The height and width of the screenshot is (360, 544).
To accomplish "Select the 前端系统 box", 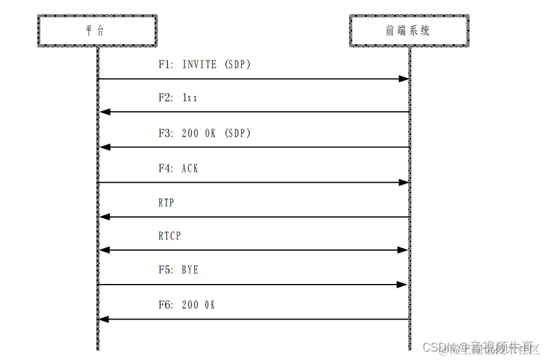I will point(408,30).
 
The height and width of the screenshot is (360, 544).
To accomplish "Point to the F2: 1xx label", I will point(177,98).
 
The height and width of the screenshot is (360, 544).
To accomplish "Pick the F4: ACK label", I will point(178,168).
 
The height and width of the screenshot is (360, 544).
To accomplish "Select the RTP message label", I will point(166,203).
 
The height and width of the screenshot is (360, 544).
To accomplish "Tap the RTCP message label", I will point(170,236).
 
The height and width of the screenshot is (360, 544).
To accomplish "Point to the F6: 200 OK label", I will point(186,305).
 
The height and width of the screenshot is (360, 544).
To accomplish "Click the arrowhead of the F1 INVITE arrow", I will point(403,79).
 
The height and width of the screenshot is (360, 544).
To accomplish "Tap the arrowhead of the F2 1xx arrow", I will point(104,112).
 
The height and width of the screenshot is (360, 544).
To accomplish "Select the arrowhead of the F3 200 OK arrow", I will point(104,148).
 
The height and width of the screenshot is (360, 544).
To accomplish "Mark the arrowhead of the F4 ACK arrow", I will point(403,183).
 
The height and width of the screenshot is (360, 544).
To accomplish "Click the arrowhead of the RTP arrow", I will point(104,217).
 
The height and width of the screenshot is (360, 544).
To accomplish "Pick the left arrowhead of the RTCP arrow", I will point(104,250).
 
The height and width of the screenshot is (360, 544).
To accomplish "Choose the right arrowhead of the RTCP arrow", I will point(403,250).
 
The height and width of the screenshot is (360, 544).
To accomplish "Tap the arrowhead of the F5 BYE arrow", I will point(403,285).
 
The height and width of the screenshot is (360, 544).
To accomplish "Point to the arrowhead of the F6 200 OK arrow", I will point(104,319).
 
